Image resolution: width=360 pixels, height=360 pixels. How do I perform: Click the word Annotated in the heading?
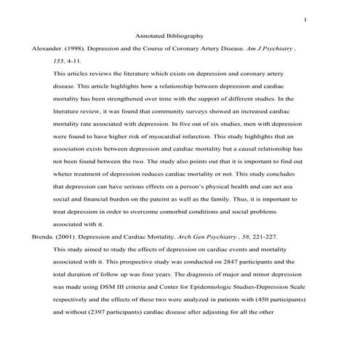[153, 36]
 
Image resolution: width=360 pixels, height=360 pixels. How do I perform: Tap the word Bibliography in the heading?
[185, 36]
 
